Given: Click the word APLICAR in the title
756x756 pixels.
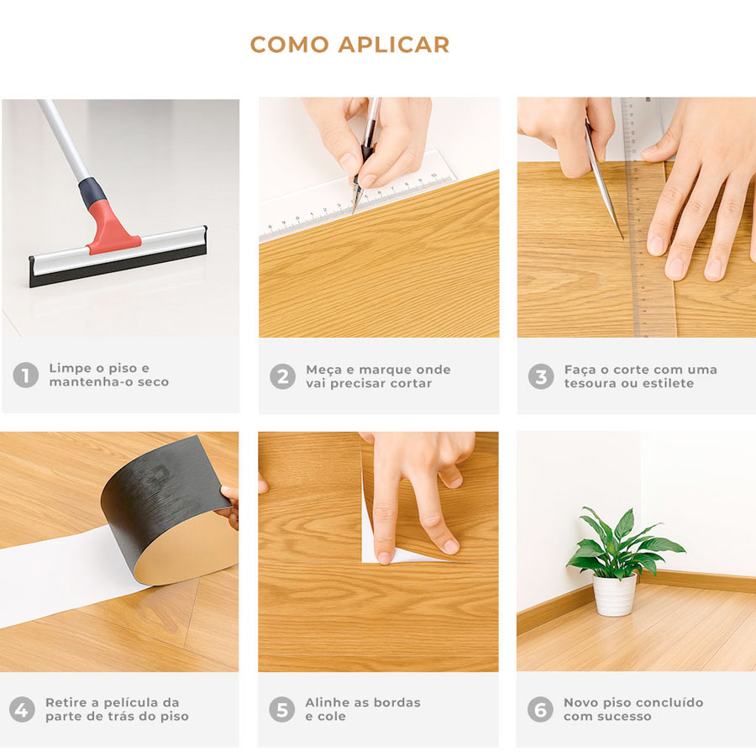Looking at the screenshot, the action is tap(393, 45).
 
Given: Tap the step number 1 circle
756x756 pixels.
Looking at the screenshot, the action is tap(25, 375).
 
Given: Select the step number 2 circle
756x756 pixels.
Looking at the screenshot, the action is tap(282, 376).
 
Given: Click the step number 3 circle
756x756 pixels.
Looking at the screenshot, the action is tap(541, 376).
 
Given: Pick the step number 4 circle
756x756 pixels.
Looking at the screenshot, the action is tap(22, 709).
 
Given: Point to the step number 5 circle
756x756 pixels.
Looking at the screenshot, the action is tap(282, 709).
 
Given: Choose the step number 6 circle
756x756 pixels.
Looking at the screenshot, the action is tap(540, 709).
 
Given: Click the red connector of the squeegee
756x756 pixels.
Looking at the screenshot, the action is tap(112, 229).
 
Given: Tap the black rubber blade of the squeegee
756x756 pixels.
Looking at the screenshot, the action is tap(118, 265).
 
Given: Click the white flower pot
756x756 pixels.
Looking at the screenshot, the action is tap(614, 595).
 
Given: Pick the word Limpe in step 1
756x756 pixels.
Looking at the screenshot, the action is tap(71, 369).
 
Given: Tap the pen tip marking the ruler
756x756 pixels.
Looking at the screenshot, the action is tap(354, 212).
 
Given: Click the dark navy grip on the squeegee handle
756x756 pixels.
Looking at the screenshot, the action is tap(92, 192).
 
